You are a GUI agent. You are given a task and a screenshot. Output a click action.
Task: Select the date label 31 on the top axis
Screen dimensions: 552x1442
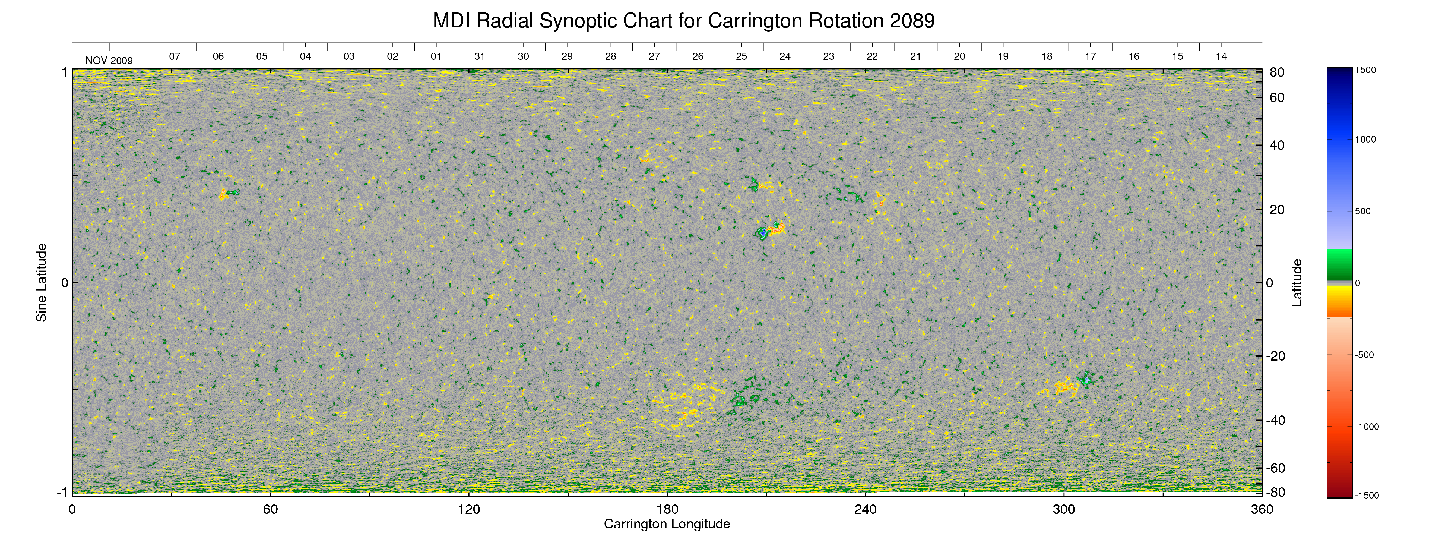[x=479, y=56]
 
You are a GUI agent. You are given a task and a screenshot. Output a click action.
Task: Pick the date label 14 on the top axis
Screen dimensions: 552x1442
[x=1221, y=56]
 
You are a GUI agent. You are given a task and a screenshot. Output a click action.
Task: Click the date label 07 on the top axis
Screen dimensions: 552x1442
[x=175, y=56]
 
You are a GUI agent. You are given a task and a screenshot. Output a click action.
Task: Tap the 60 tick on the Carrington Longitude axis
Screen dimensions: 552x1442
[x=270, y=509]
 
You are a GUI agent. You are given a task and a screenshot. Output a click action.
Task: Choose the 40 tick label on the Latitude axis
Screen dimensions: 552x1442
[x=1277, y=146]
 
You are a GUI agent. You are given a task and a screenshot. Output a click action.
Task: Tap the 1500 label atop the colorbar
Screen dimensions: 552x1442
[x=1365, y=70]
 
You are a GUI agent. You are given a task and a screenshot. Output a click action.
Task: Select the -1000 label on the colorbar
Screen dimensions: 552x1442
[x=1367, y=427]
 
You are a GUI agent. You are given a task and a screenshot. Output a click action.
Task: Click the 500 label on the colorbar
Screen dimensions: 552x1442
[x=1362, y=211]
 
